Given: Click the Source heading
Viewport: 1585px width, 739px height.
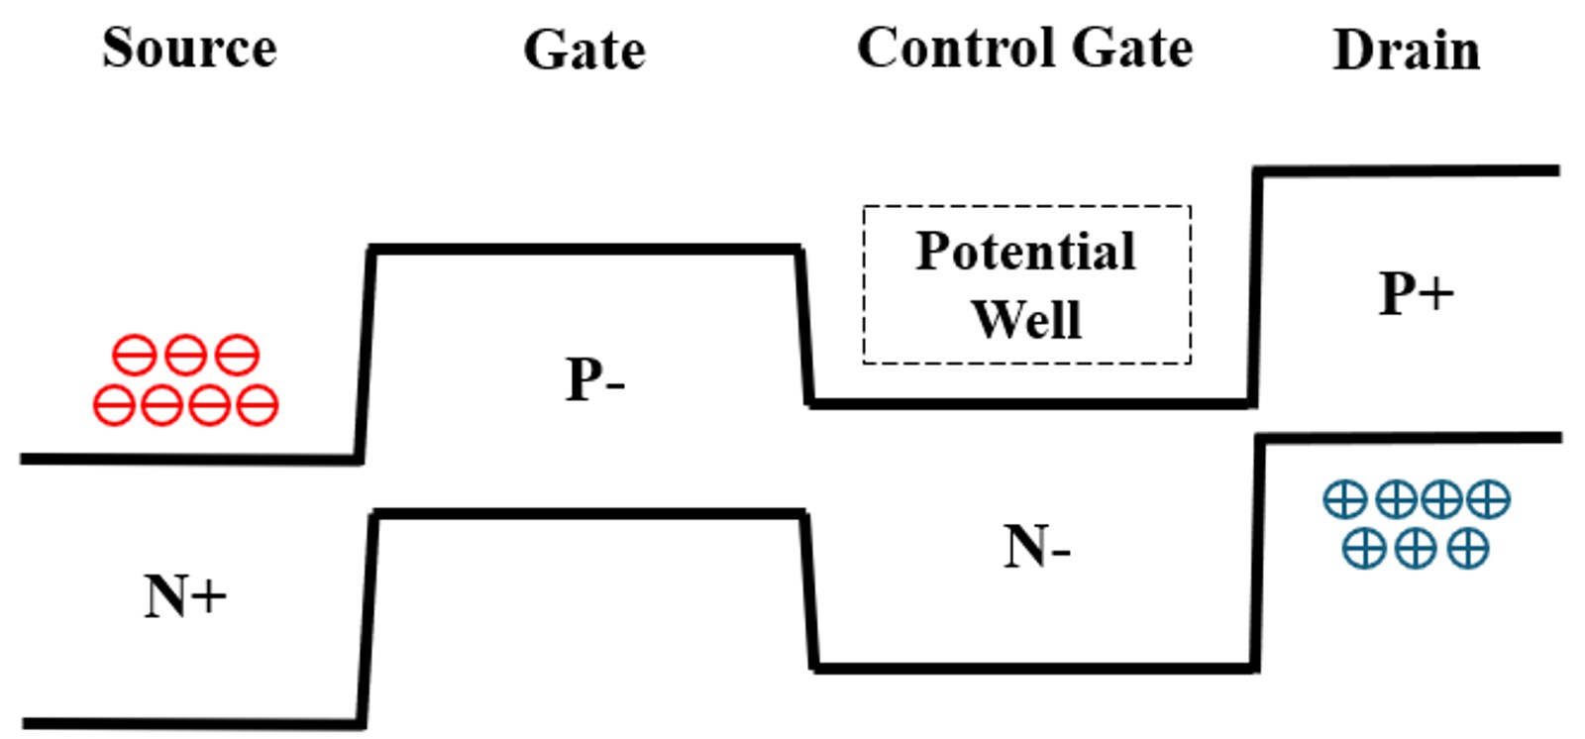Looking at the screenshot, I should tap(189, 48).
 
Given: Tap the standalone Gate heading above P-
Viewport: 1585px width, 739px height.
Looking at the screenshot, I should tap(584, 50).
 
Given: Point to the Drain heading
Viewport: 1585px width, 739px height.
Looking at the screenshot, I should tap(1406, 50).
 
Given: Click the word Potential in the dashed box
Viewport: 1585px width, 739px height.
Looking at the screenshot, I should tap(1025, 251).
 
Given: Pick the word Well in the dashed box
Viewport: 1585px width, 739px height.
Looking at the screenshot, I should tap(1025, 319).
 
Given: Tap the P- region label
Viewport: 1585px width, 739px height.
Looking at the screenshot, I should tap(594, 378).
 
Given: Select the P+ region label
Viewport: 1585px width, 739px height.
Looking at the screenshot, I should tap(1416, 293).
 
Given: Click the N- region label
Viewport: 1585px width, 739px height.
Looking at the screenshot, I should tap(1036, 546).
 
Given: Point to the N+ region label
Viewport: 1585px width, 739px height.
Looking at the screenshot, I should tap(185, 596).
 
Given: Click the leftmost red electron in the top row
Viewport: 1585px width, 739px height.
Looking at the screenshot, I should tap(134, 355).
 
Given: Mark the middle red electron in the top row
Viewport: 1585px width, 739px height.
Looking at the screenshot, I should tap(185, 355).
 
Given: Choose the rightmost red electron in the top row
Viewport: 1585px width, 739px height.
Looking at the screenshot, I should tap(238, 355).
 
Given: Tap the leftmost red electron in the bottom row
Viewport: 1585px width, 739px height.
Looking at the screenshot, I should tap(114, 405).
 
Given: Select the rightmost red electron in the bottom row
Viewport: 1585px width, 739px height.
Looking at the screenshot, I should tap(258, 405).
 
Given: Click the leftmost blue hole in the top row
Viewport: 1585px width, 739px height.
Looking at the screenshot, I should tap(1344, 499).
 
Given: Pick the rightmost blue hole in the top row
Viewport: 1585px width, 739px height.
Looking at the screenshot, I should tap(1489, 499).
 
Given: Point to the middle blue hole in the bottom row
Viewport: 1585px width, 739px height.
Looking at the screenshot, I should tap(1416, 548).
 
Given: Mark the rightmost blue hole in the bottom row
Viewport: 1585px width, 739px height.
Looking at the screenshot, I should tap(1467, 548).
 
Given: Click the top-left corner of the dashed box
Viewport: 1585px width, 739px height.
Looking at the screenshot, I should tap(864, 207).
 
